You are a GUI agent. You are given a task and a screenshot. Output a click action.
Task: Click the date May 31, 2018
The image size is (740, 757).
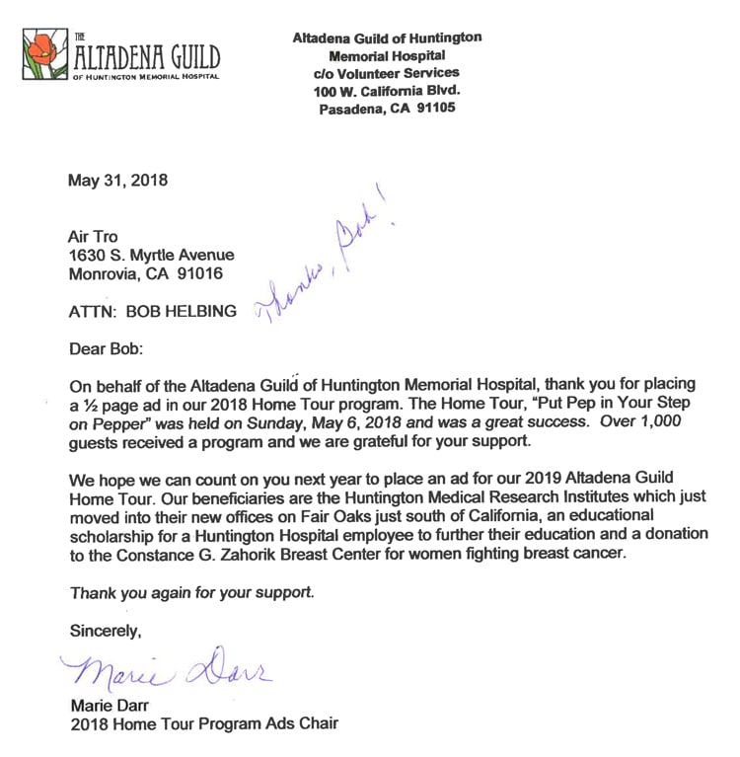[x=117, y=181]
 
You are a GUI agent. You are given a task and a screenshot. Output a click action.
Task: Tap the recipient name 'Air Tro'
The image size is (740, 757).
[x=92, y=237]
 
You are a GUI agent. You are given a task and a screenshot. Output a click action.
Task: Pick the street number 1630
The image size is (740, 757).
[x=86, y=256]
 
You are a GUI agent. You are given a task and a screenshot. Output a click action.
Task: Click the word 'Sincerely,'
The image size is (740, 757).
[x=106, y=629]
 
